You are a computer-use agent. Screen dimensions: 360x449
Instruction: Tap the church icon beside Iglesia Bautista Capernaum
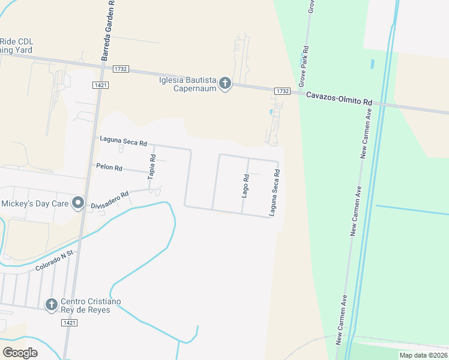click(x=225, y=83)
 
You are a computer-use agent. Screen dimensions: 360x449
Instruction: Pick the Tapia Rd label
click(x=152, y=166)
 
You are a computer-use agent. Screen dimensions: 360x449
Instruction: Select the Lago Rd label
click(x=246, y=185)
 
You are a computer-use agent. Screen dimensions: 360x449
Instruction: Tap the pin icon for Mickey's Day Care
click(x=77, y=203)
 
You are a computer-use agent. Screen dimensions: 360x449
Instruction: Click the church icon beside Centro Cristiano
click(x=52, y=305)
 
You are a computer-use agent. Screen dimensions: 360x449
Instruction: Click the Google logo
click(x=20, y=353)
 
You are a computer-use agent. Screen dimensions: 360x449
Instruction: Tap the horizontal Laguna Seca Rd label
click(x=124, y=142)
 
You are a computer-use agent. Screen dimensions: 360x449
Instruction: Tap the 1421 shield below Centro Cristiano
click(x=69, y=323)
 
